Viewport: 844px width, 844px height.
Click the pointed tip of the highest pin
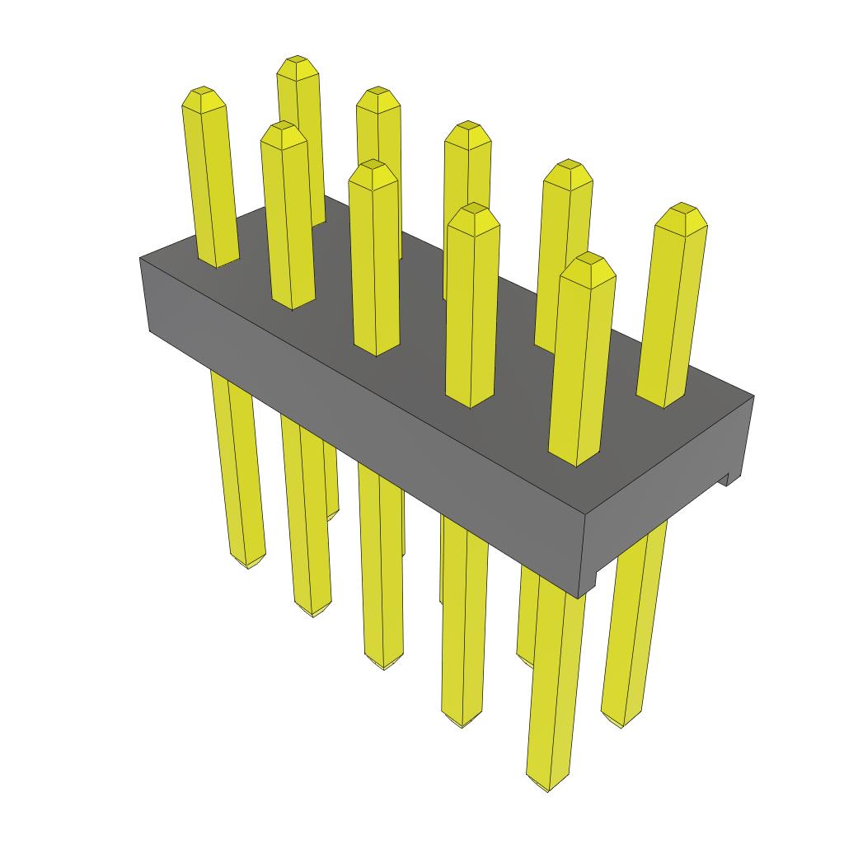pos(298,62)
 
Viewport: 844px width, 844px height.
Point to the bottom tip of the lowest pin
pos(547,787)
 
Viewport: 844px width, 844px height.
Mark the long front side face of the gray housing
pos(363,396)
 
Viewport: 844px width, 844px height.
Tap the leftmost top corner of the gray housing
pos(140,258)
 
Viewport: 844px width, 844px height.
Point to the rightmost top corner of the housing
pos(753,396)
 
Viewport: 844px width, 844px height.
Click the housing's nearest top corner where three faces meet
pos(582,515)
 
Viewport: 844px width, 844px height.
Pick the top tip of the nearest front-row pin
pos(587,258)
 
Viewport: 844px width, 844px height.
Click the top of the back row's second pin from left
pos(378,91)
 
